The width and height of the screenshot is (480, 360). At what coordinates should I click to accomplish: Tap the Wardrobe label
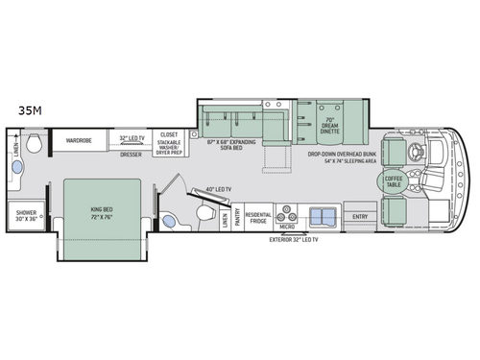(x=78, y=140)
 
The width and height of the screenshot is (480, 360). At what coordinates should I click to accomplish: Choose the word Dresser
(x=131, y=154)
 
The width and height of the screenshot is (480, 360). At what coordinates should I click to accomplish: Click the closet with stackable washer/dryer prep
(x=169, y=143)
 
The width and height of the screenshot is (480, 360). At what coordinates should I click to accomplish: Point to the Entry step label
(x=362, y=217)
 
